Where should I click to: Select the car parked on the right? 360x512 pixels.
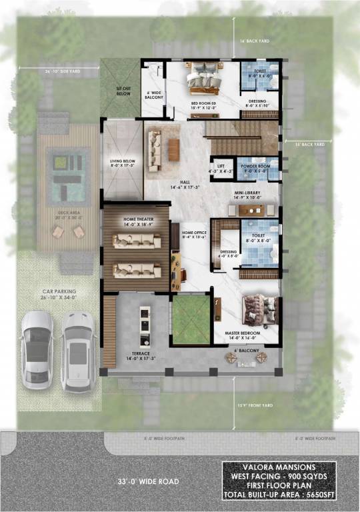point(78,350)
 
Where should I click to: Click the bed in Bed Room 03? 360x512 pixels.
point(204,79)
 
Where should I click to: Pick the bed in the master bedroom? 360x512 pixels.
point(257,310)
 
